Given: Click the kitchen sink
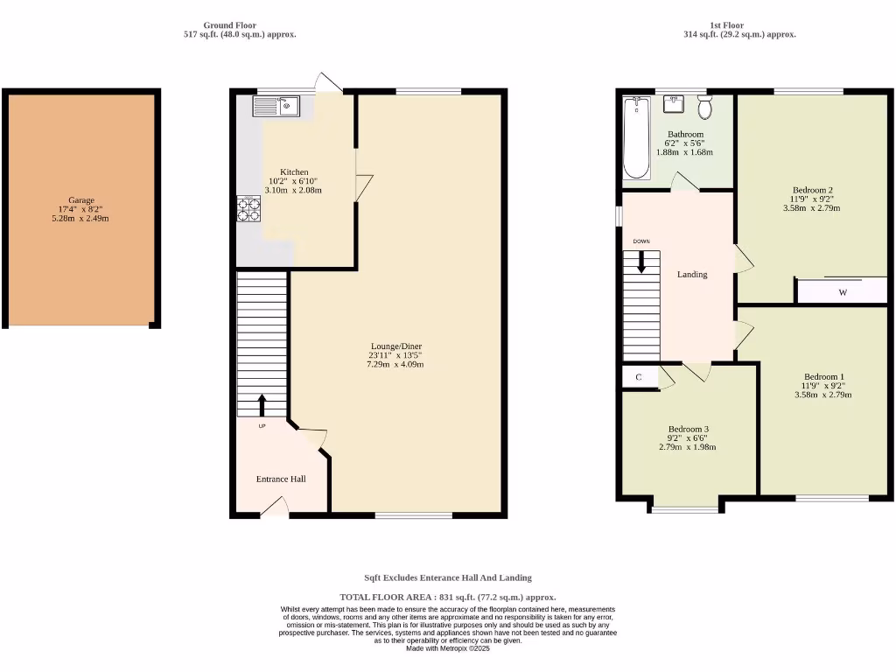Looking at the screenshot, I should click(276, 107).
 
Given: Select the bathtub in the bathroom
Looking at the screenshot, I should click(635, 137).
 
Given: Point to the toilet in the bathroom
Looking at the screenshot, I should click(704, 108).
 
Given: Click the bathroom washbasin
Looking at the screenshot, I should click(674, 103).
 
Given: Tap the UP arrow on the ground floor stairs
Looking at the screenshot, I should click(262, 404).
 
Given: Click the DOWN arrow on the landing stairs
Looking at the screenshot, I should click(641, 262).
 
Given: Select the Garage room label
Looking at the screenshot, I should click(81, 200).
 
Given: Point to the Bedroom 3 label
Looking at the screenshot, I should click(687, 429).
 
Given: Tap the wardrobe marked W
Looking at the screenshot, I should click(842, 292).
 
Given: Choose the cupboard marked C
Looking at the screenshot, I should click(639, 377).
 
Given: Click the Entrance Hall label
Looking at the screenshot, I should click(281, 479).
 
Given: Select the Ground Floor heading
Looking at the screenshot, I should click(229, 25).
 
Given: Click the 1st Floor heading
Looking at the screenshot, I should click(726, 25).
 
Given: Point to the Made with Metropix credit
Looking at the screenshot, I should click(447, 648).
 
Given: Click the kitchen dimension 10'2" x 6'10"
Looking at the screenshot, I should click(293, 181).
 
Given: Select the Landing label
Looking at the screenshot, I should click(691, 274).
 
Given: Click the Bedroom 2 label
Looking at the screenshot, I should click(812, 190).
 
